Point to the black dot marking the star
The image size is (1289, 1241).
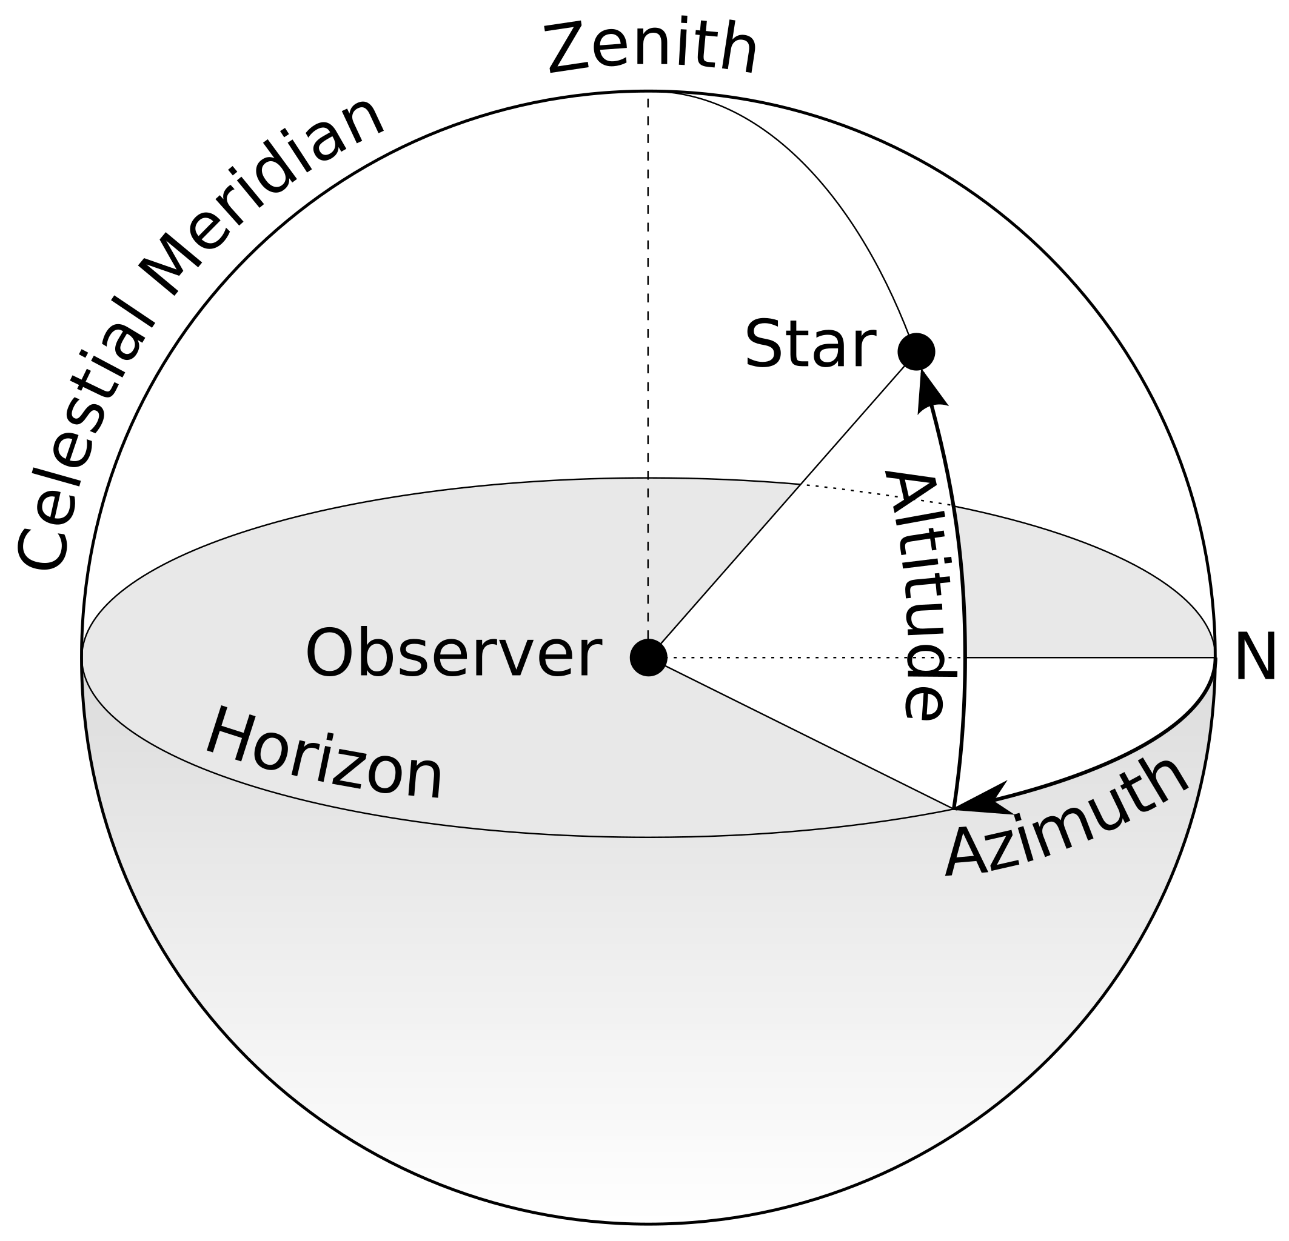click(916, 351)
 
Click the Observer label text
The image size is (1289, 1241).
click(453, 654)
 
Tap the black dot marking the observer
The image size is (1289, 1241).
click(649, 657)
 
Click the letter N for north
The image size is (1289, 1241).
click(1255, 657)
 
